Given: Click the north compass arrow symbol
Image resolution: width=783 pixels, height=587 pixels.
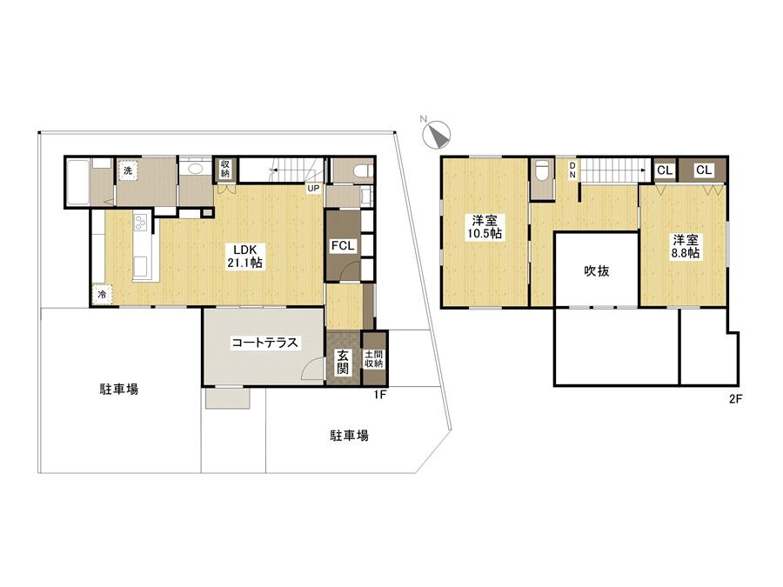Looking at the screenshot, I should coord(437,134).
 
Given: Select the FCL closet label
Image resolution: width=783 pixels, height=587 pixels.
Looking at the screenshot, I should coord(341,246).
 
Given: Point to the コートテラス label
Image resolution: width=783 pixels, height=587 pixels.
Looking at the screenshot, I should coord(264,343).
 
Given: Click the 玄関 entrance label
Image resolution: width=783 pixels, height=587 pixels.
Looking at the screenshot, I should coord(344,361).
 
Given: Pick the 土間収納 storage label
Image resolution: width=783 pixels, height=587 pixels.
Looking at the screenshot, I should coord(374,357).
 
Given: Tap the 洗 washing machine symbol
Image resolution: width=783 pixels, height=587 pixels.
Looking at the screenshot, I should coord(128,170).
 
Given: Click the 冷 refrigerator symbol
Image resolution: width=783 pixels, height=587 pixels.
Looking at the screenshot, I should coord(103,295).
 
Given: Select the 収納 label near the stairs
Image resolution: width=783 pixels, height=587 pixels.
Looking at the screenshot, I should coord(225,166).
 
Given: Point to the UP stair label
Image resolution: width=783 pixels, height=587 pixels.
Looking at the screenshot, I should coord(311,188).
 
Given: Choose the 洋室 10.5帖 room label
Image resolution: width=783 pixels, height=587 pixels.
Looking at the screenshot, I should coord(485,226).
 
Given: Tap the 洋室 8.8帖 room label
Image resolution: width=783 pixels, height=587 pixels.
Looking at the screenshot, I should coord(685,245).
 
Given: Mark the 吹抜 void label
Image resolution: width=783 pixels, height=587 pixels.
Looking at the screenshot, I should coord(596,270).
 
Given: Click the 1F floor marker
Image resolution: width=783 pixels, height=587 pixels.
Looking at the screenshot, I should coord(379,396).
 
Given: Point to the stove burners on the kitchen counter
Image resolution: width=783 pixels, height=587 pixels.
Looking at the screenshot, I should coord(139,225).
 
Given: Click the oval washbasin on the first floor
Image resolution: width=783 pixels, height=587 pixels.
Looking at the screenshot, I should coord(196,169).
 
